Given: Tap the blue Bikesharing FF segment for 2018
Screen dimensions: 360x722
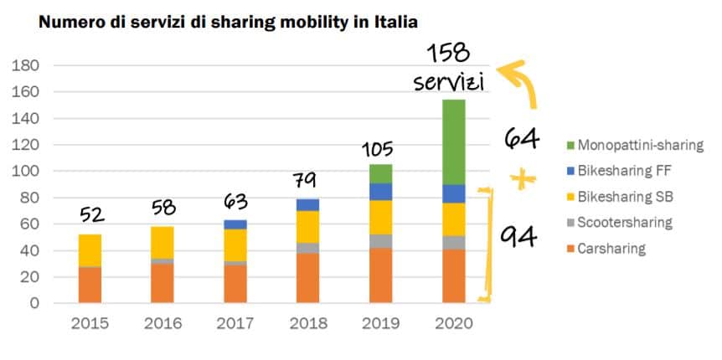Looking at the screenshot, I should pos(308,204).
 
